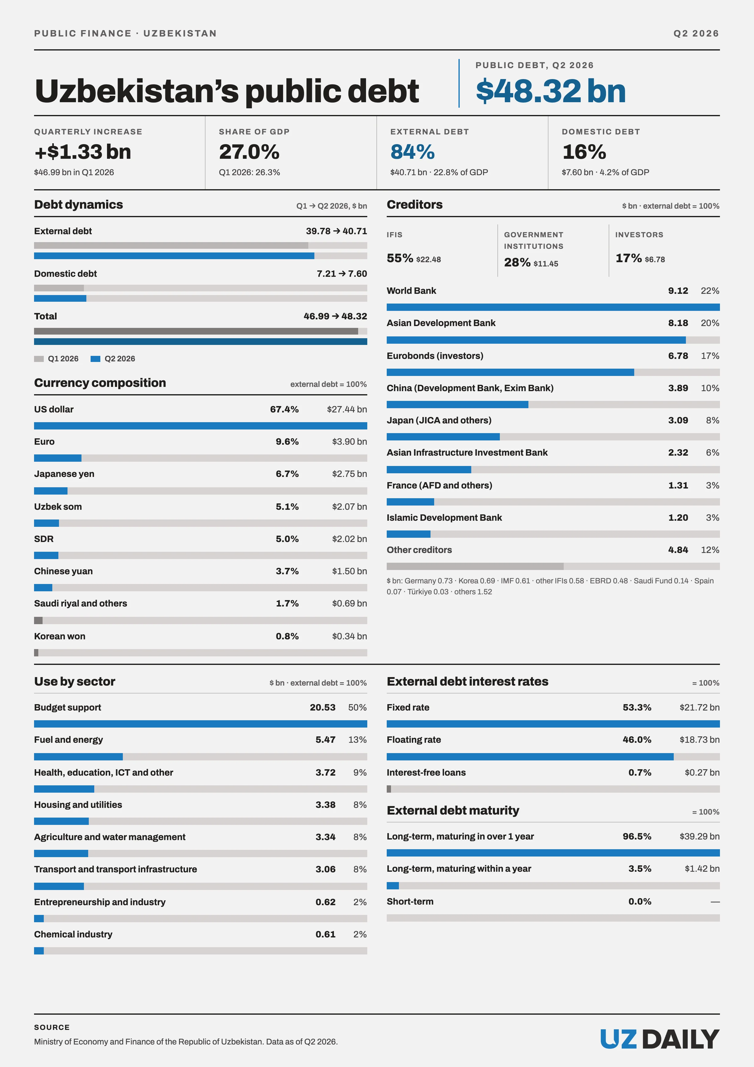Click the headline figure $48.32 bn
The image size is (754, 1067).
551,91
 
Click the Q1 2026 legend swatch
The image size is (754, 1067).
39,359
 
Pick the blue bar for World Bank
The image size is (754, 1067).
553,307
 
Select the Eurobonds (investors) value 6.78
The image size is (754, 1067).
678,356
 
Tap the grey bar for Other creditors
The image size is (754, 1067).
475,566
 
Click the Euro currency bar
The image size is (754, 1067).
57,458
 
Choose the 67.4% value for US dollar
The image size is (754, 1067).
284,409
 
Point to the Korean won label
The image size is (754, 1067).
60,636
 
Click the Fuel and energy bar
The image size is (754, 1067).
78,756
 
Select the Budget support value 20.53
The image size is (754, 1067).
322,707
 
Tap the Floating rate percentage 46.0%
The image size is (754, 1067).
637,740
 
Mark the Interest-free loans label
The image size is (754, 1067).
426,772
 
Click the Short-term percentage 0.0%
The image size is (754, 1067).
640,902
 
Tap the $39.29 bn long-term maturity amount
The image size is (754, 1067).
700,836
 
